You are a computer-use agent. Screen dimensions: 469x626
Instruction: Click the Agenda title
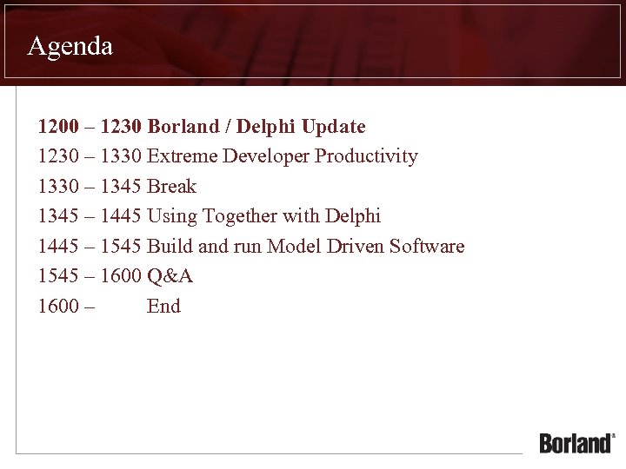pos(70,46)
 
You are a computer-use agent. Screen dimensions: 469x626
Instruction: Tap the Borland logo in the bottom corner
pos(577,442)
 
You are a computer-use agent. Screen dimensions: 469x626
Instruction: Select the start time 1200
pos(57,127)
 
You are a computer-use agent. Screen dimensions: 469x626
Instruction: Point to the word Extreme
pos(183,156)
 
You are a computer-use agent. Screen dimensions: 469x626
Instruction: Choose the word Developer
pos(266,156)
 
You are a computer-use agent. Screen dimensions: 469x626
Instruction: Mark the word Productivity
pos(366,156)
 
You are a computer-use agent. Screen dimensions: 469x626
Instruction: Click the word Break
pos(172,186)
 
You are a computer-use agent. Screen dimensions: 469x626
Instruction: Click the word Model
pos(294,246)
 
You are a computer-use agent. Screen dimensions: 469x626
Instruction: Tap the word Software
pos(427,246)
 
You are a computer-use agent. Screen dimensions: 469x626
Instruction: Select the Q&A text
pos(170,276)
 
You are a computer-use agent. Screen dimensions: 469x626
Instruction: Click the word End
pos(163,306)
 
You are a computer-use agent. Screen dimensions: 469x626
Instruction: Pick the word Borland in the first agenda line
pos(183,127)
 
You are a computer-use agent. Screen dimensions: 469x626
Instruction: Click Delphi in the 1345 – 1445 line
pos(352,216)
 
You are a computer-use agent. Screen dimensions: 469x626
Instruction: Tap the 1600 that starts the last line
pos(57,306)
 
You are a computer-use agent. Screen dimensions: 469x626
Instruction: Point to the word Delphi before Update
pos(266,127)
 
